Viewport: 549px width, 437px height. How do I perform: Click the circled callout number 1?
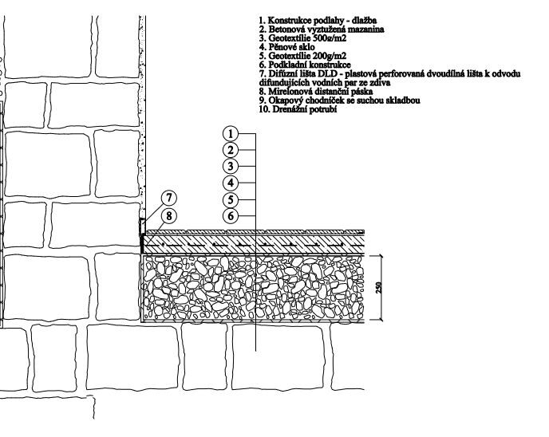(231, 134)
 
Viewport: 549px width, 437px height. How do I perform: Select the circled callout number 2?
(231, 150)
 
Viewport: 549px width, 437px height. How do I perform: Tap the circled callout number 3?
(231, 166)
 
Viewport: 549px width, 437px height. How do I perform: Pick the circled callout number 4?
(231, 183)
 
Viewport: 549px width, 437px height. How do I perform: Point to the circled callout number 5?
(231, 200)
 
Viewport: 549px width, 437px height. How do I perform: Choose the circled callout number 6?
(231, 216)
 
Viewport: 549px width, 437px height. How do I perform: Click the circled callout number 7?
(169, 198)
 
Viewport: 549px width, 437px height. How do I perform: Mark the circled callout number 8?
(169, 215)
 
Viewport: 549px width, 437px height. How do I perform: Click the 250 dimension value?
(378, 288)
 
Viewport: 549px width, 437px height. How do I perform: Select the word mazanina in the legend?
(366, 30)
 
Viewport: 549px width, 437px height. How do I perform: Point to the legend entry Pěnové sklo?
(291, 47)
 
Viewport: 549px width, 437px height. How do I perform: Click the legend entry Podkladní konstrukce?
(310, 65)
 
